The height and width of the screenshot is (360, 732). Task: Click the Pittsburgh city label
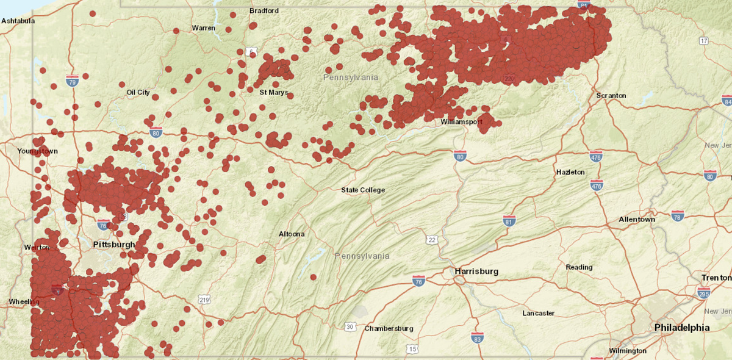tap(113, 245)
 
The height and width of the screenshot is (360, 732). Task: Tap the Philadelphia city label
tap(682, 328)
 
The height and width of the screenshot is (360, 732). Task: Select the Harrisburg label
tap(476, 271)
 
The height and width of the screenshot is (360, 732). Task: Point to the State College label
tap(363, 190)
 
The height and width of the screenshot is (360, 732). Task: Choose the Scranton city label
tap(611, 96)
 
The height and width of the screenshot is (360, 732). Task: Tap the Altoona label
tap(292, 234)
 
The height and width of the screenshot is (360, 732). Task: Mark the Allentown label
tap(636, 219)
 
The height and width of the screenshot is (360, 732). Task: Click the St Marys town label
tap(274, 93)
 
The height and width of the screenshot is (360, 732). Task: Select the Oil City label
tap(138, 92)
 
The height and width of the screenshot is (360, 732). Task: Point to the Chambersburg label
tap(389, 328)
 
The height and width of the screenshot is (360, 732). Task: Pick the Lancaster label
tap(539, 313)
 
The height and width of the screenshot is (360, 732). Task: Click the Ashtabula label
tap(18, 21)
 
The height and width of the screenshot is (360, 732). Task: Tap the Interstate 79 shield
tap(72, 81)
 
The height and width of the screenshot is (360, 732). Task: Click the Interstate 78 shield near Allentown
tap(678, 215)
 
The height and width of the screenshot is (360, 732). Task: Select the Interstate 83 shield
tap(478, 337)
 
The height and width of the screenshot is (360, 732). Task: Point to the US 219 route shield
tap(204, 299)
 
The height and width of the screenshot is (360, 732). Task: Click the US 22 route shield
tap(432, 239)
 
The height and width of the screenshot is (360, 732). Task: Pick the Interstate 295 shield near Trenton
tap(703, 293)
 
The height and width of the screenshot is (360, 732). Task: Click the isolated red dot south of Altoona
tap(313, 277)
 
